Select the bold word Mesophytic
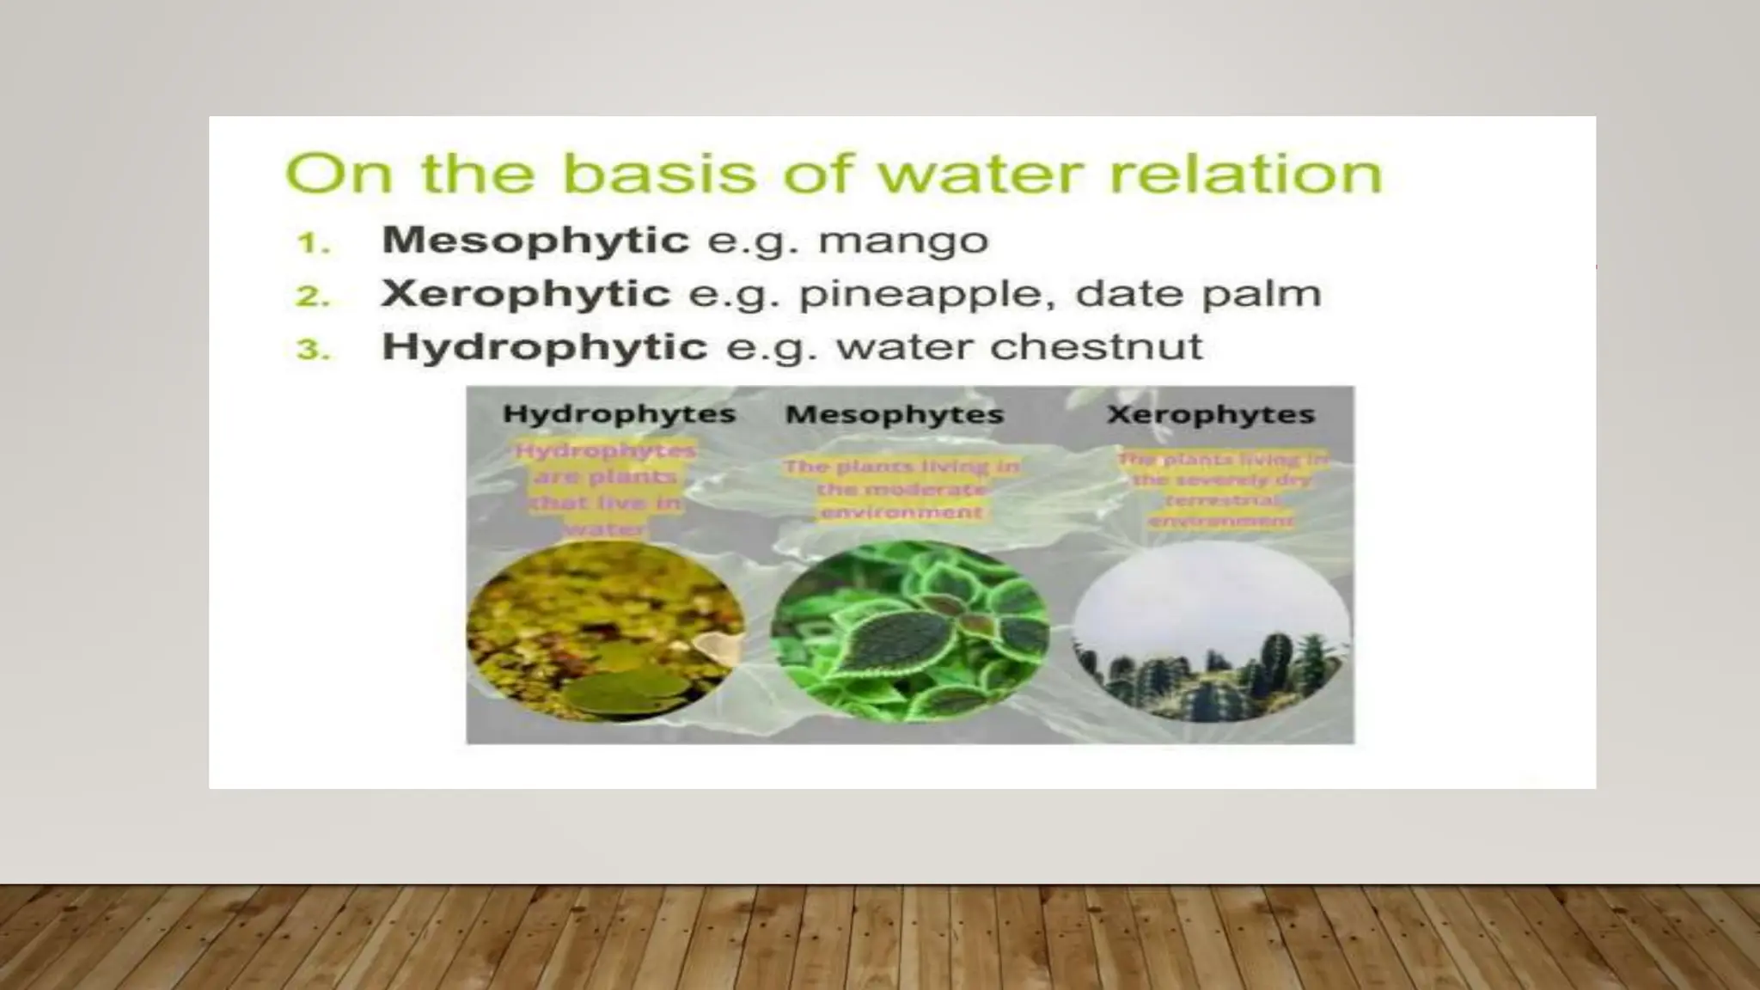click(535, 240)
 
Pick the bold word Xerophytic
click(525, 294)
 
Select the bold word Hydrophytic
click(544, 347)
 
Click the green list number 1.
click(313, 243)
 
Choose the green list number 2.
click(313, 296)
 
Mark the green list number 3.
click(313, 351)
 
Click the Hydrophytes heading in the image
click(619, 414)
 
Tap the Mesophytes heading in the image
click(895, 414)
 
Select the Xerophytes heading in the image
click(1211, 414)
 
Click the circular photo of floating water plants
click(606, 634)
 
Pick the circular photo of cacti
click(1212, 634)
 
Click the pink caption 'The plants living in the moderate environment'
click(901, 489)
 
